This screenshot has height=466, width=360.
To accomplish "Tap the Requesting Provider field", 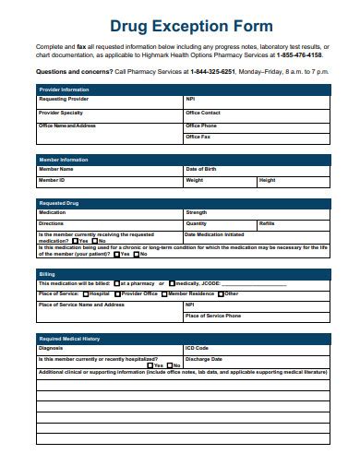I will (109, 99).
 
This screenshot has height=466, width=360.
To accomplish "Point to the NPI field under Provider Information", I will (256, 99).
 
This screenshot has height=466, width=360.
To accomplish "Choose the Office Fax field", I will (256, 137).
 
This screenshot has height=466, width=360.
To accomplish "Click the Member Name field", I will (109, 170).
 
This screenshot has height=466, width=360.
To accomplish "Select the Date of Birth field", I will (256, 170).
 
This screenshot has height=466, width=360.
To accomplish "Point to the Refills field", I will (293, 224).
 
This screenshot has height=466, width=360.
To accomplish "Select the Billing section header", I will (46, 273).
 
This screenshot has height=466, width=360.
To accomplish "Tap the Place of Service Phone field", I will (256, 316).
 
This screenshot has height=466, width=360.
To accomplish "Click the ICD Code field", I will (256, 348).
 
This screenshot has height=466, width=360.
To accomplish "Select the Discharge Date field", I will (256, 359).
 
